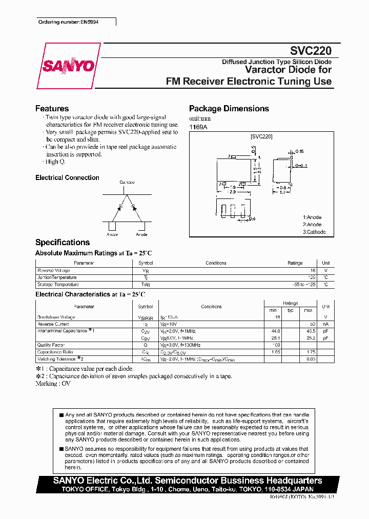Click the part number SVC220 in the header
pyautogui.click(x=311, y=51)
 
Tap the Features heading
pyautogui.click(x=52, y=109)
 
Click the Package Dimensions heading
pyautogui.click(x=229, y=109)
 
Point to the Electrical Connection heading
pyautogui.click(x=67, y=178)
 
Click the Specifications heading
pyautogui.click(x=62, y=243)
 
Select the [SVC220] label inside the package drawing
pyautogui.click(x=261, y=137)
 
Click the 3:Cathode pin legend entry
pyautogui.click(x=314, y=232)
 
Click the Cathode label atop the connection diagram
pyautogui.click(x=127, y=183)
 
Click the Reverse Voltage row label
pyautogui.click(x=53, y=270)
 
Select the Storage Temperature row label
pyautogui.click(x=58, y=285)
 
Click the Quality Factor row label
pyautogui.click(x=51, y=345)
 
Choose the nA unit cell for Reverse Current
pyautogui.click(x=325, y=324)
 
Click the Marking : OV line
pyautogui.click(x=53, y=383)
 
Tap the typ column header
pyautogui.click(x=290, y=310)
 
